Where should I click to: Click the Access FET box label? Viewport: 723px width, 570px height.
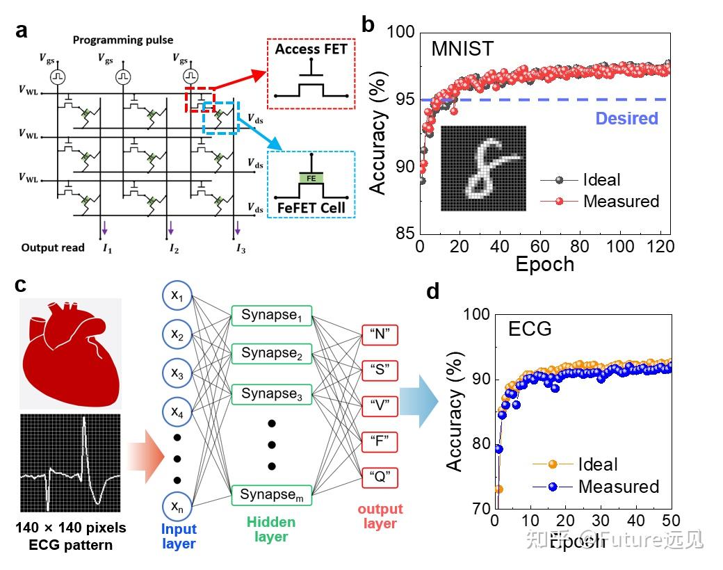(x=310, y=50)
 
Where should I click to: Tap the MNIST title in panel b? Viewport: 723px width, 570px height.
(x=464, y=49)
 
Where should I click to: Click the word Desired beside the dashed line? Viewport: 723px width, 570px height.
(x=626, y=118)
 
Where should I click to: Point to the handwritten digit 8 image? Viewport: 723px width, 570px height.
(x=483, y=168)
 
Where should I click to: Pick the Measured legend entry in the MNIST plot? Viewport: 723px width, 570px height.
(x=621, y=201)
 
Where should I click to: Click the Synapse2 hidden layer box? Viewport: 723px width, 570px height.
(x=272, y=354)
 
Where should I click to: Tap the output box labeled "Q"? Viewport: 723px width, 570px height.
(x=380, y=478)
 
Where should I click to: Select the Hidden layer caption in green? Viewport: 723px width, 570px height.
(x=272, y=529)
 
